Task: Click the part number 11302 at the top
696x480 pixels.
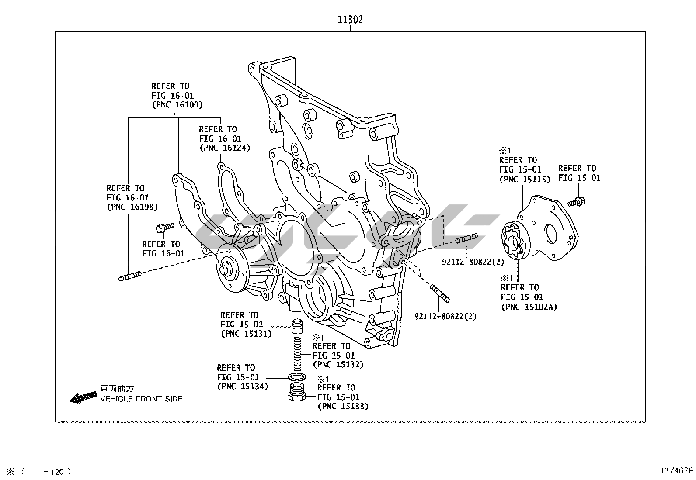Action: [x=350, y=20]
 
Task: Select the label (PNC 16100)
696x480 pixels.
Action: [x=177, y=105]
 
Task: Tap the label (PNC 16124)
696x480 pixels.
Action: [x=224, y=148]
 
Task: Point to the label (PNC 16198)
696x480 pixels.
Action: [x=132, y=207]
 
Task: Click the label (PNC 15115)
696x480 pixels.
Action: [x=525, y=179]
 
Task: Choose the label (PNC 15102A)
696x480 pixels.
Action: [x=529, y=307]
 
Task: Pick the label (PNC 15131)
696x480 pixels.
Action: [x=246, y=334]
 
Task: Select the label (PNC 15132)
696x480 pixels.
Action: [x=338, y=364]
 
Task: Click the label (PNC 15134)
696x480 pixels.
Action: [x=242, y=386]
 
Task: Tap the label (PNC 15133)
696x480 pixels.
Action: [x=343, y=406]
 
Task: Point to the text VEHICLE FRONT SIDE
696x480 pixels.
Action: [x=141, y=399]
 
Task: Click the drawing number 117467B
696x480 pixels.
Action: [x=676, y=471]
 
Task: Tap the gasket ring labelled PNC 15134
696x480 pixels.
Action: [x=297, y=377]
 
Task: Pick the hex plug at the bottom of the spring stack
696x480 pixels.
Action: [x=297, y=392]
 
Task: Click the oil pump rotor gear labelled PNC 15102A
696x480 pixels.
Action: [x=512, y=240]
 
